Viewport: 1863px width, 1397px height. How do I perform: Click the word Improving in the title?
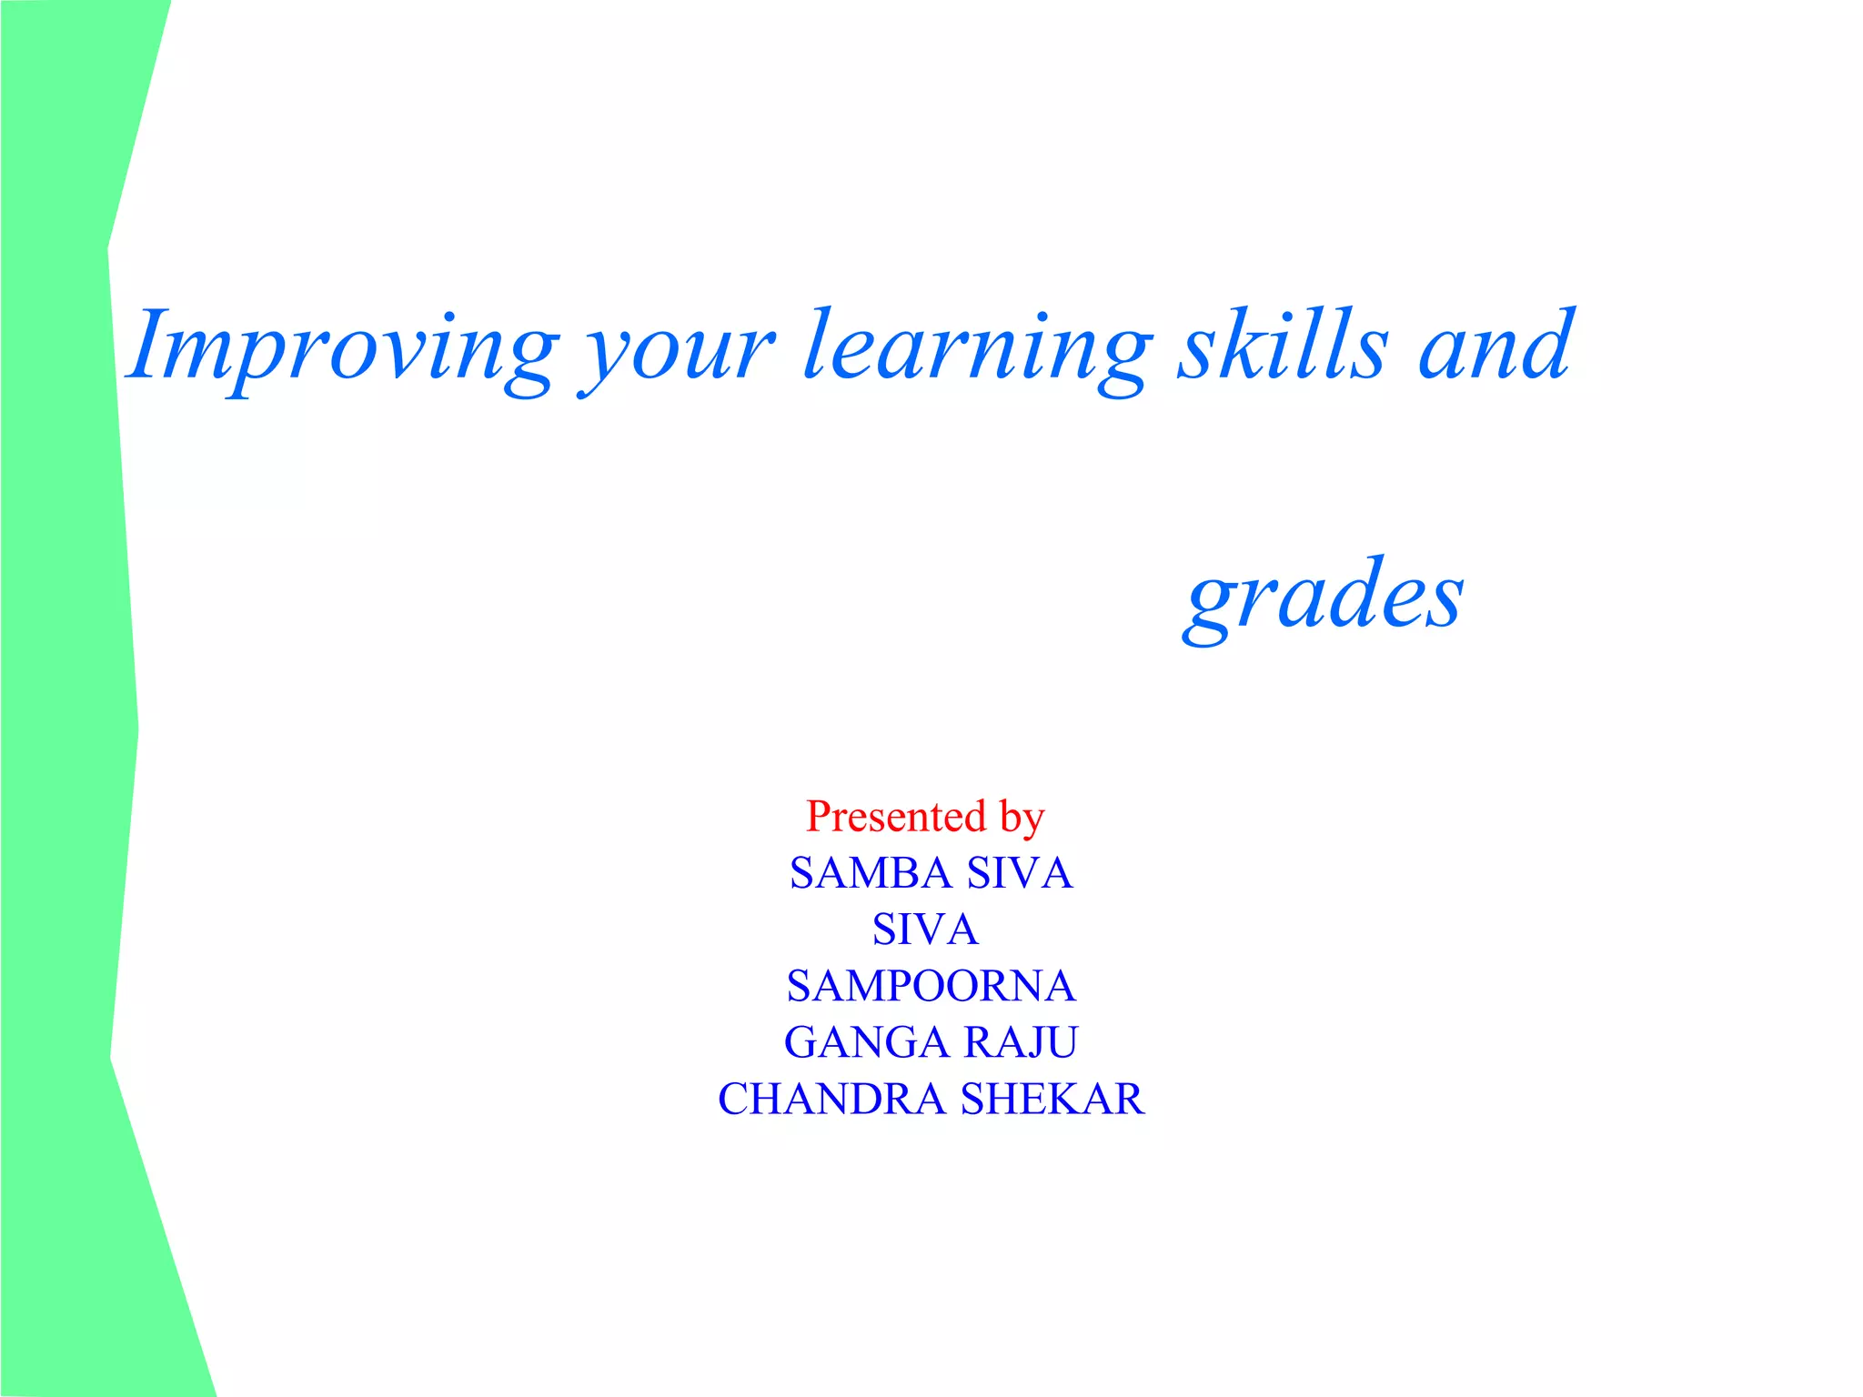(x=342, y=350)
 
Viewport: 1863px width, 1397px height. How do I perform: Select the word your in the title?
(x=677, y=355)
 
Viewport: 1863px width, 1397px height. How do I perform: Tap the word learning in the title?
(x=977, y=350)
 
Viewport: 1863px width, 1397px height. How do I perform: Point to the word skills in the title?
(x=1283, y=346)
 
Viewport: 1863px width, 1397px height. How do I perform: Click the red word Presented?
(x=896, y=816)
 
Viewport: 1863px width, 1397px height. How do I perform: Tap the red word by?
(x=1022, y=818)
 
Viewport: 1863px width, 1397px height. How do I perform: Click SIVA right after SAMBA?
(x=1020, y=873)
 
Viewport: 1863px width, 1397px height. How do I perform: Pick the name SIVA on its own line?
(x=925, y=930)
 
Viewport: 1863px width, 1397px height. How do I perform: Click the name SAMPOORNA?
(x=931, y=986)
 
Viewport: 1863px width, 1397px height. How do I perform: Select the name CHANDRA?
(x=831, y=1099)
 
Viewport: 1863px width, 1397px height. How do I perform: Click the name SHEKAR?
(x=1052, y=1099)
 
